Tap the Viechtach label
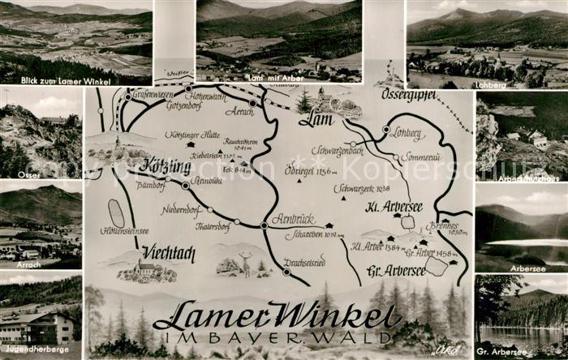click(x=169, y=253)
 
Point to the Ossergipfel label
click(x=408, y=95)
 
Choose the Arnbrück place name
click(x=293, y=219)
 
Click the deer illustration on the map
click(x=245, y=264)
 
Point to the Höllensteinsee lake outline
click(x=116, y=213)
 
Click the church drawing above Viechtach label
click(x=145, y=269)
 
